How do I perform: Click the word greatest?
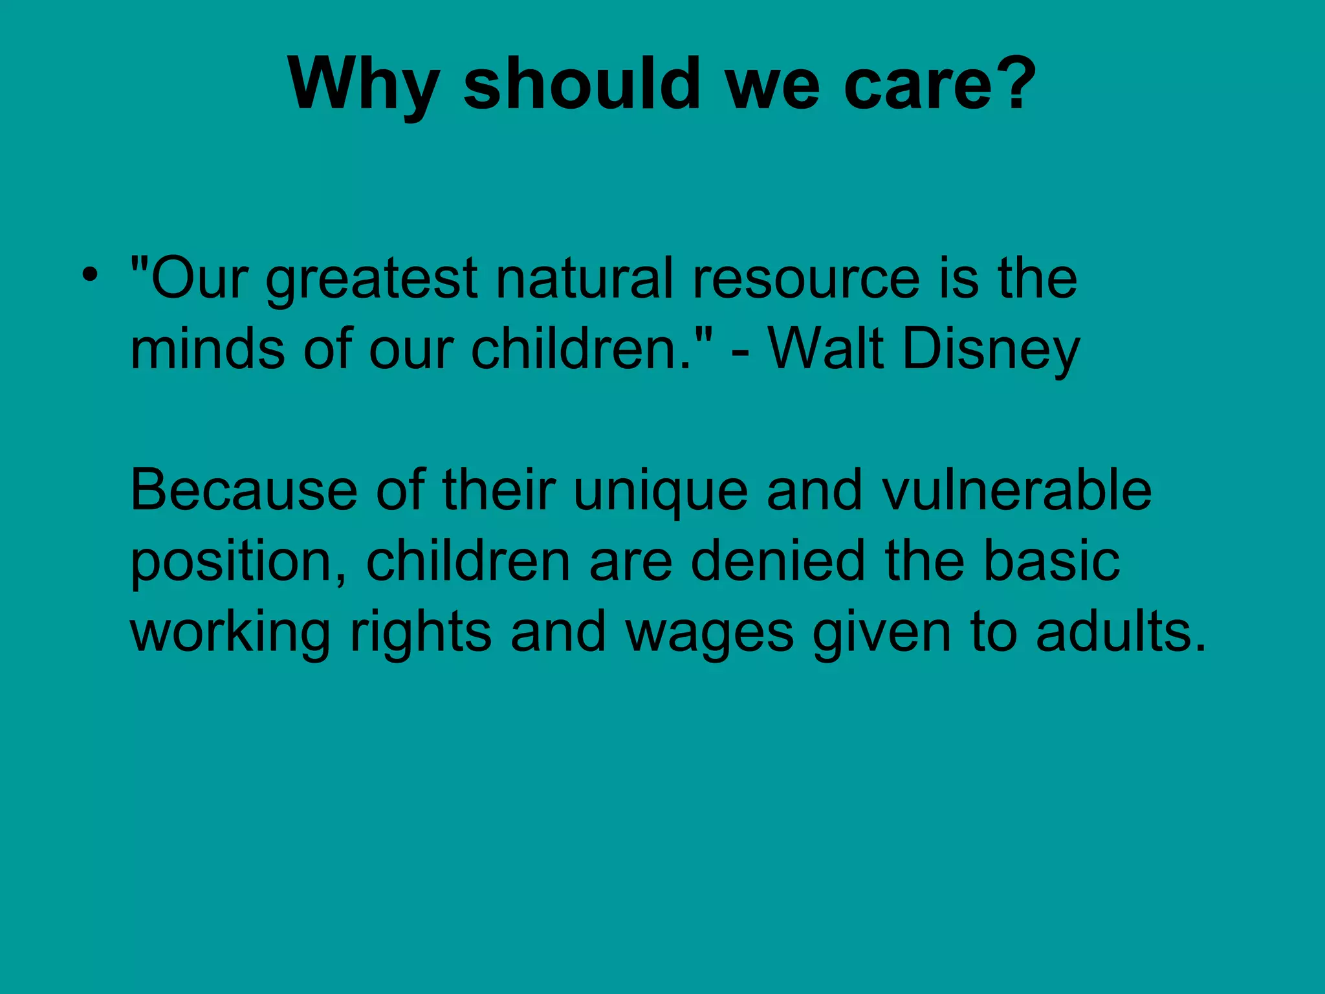[x=372, y=280]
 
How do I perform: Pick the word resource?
[x=805, y=280]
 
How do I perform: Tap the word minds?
[x=208, y=349]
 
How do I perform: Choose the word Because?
[x=244, y=491]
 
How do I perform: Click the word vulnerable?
[x=1016, y=491]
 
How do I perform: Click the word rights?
[x=421, y=633]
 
